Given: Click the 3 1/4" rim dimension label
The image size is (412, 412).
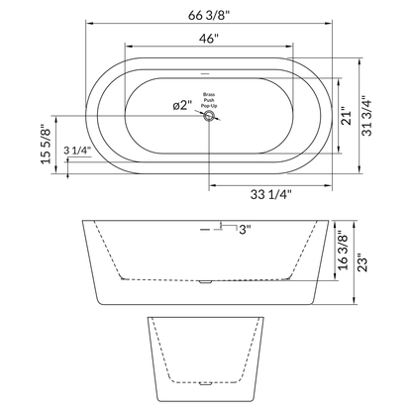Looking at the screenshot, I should (x=78, y=151).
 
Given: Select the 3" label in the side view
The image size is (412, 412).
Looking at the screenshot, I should (x=243, y=230).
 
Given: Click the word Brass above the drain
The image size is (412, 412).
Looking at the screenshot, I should (x=209, y=87).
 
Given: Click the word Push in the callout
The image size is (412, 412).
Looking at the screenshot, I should (x=209, y=95).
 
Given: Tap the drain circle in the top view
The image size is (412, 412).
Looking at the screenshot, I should (x=209, y=117).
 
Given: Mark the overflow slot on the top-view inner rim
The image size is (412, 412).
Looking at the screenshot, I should (x=206, y=73).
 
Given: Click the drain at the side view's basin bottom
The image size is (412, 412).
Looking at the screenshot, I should (x=206, y=283).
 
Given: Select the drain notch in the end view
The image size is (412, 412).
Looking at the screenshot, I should (x=208, y=381).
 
